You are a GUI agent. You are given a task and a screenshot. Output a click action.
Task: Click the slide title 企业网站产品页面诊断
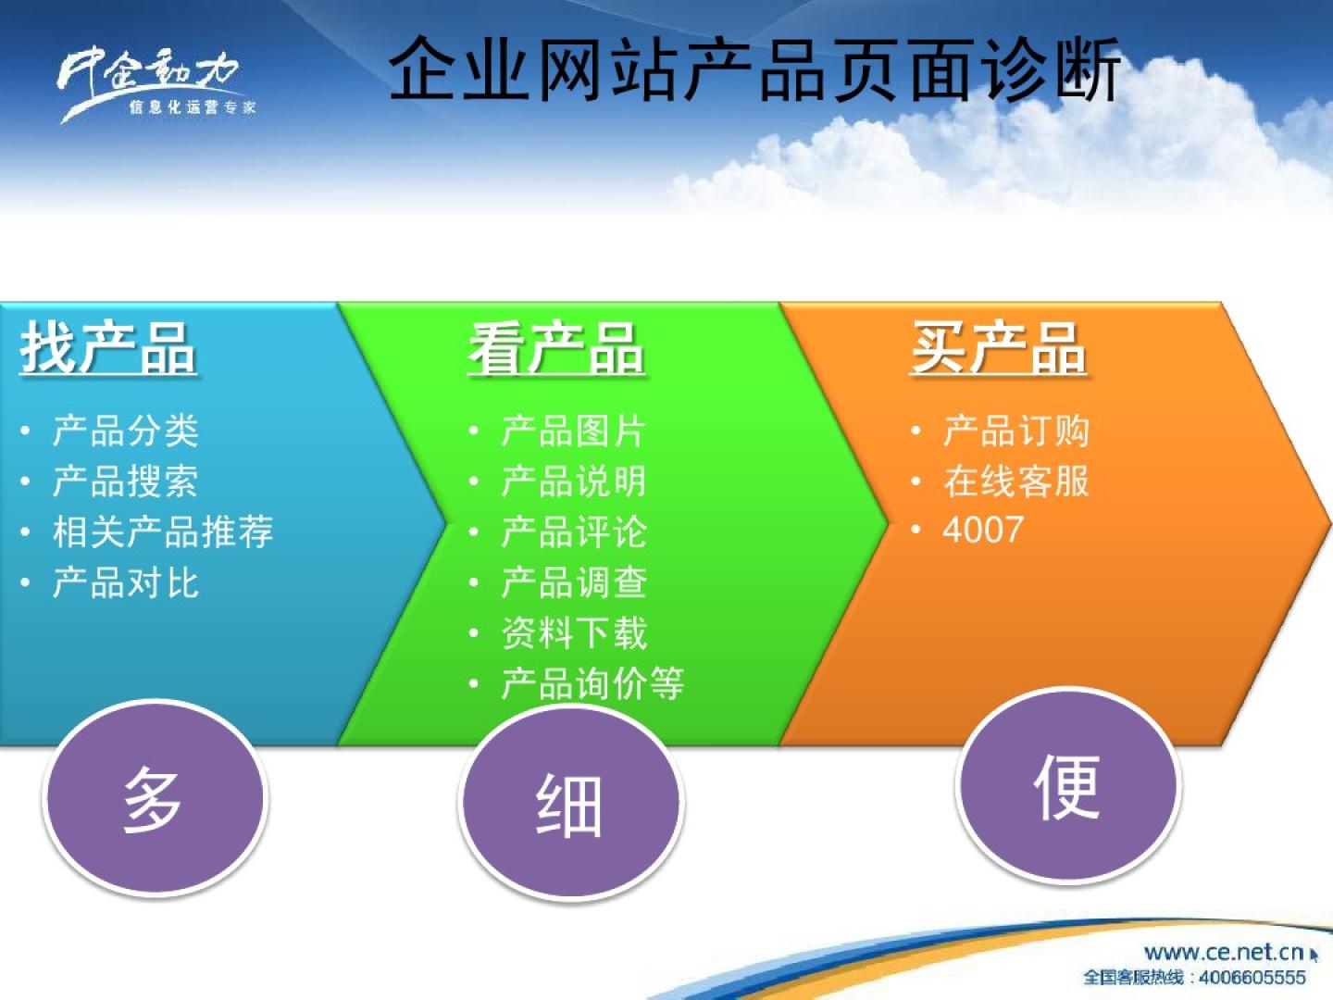[x=754, y=69]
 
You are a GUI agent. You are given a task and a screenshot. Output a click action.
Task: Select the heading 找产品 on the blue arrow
[x=108, y=348]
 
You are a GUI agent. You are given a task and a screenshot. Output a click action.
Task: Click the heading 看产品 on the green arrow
[x=555, y=348]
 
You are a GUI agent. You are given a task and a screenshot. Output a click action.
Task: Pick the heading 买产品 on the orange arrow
[x=999, y=348]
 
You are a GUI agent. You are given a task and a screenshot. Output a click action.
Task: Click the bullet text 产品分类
[x=126, y=431]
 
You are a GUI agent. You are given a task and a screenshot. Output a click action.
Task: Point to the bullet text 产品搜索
[x=126, y=481]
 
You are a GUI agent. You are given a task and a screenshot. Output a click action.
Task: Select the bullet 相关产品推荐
[x=163, y=531]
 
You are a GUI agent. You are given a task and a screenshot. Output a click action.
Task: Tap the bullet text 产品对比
[x=126, y=583]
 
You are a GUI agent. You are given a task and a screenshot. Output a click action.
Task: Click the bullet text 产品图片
[x=573, y=431]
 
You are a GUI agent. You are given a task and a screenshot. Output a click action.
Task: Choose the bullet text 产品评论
[x=574, y=531]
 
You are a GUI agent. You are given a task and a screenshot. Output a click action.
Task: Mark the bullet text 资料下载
[x=574, y=632]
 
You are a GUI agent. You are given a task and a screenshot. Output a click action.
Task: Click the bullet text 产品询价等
[x=592, y=683]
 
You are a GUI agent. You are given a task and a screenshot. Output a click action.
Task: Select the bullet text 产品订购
[x=1016, y=431]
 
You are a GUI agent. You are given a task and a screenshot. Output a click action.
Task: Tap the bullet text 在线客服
[x=1016, y=481]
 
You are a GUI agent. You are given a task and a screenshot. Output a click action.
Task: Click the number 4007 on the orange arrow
[x=983, y=530]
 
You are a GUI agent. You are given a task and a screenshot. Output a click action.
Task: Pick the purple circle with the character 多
[x=156, y=798]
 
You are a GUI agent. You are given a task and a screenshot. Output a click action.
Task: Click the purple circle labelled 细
[x=571, y=804]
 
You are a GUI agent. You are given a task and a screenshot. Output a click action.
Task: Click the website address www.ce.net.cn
[x=1224, y=952]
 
